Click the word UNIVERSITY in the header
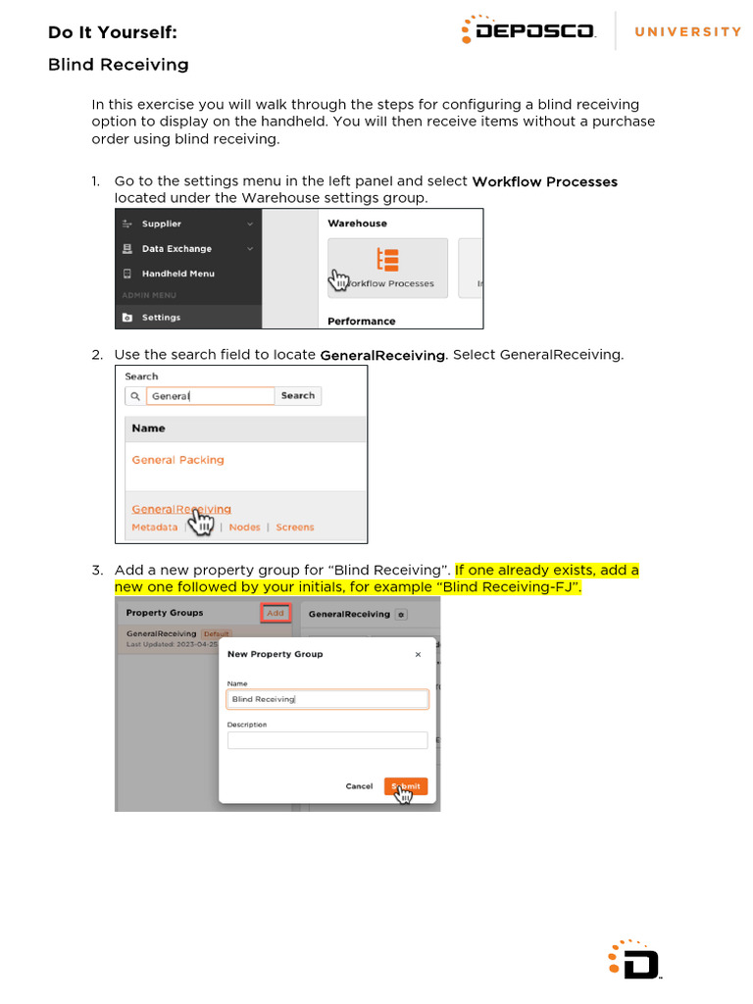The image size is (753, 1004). [688, 31]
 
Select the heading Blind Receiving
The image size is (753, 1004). [118, 65]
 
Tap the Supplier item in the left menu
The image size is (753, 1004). [161, 224]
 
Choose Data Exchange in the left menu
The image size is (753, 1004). [176, 249]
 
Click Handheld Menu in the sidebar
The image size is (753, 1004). [177, 274]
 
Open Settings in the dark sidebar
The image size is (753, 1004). [161, 318]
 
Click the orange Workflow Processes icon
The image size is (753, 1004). [388, 260]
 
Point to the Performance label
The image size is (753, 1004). [361, 321]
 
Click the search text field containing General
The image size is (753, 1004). [210, 396]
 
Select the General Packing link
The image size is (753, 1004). [177, 460]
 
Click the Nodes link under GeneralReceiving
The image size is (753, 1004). [244, 527]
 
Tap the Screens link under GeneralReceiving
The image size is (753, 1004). [294, 527]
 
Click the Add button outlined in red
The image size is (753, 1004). [276, 613]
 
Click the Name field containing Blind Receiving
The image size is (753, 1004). [327, 699]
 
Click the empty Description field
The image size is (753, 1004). [327, 740]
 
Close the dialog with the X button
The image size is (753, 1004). [418, 654]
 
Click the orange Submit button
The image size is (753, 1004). [406, 786]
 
